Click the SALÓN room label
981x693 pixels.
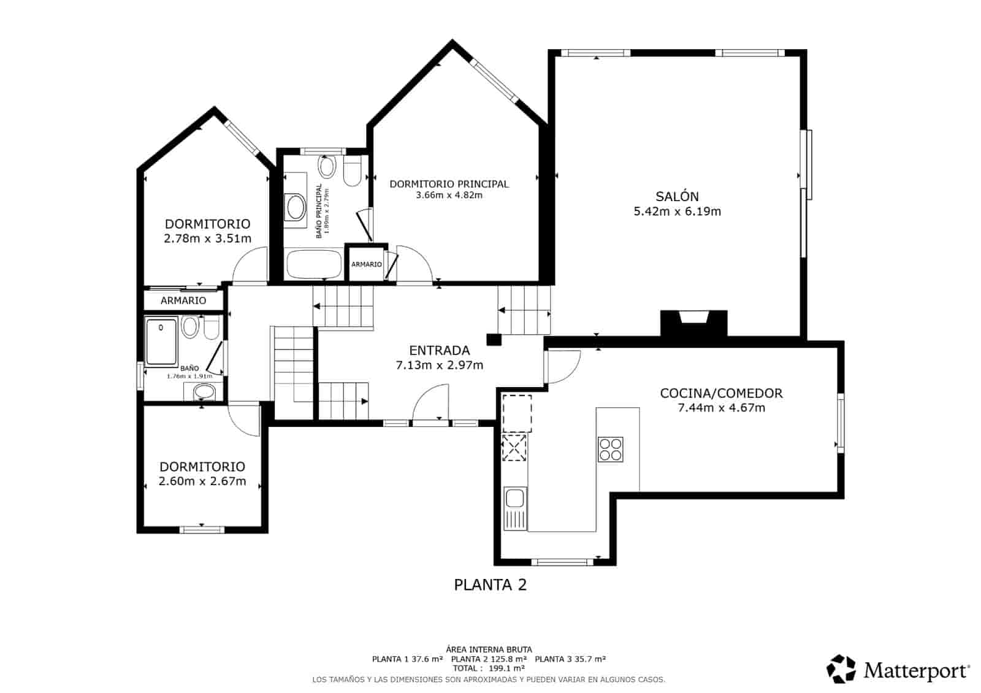pos(677,196)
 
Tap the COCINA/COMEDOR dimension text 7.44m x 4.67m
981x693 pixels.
pos(721,408)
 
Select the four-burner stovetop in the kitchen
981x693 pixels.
pos(610,450)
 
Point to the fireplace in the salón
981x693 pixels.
pos(693,323)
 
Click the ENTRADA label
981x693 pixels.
pos(439,350)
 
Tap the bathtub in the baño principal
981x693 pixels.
pos(313,265)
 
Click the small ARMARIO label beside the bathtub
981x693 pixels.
pos(367,264)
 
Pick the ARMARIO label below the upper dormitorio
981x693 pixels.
pos(183,301)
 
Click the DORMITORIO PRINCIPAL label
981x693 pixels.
pos(449,183)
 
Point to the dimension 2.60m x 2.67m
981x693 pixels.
pos(202,481)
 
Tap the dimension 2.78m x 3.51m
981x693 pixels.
pos(207,239)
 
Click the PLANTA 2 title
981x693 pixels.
pos(490,584)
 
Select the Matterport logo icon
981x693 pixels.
pos(841,668)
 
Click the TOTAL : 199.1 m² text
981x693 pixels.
pos(489,668)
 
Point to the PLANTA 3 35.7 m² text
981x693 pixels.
pos(570,659)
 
